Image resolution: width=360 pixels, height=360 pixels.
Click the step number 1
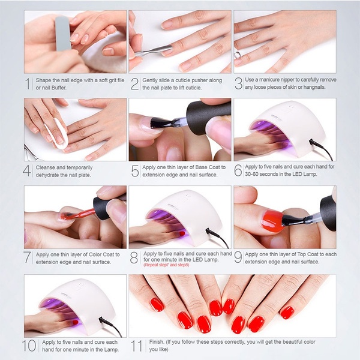click(x=28, y=84)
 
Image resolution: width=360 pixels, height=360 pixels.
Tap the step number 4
click(x=27, y=171)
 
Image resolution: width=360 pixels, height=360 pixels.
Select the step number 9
click(x=238, y=257)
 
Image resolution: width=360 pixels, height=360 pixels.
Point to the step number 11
click(x=137, y=346)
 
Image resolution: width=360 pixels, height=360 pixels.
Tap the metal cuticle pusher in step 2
click(x=153, y=50)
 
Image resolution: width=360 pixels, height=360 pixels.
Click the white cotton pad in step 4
click(x=57, y=134)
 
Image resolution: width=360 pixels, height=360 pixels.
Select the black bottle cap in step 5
click(x=208, y=118)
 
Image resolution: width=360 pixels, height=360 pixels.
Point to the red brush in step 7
click(x=78, y=215)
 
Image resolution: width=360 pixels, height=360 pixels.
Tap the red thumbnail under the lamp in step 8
click(x=182, y=234)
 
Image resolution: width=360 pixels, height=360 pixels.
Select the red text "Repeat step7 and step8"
click(x=166, y=265)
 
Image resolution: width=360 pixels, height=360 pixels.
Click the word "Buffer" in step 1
click(x=59, y=88)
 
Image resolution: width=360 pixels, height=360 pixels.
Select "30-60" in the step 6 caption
click(x=251, y=174)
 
